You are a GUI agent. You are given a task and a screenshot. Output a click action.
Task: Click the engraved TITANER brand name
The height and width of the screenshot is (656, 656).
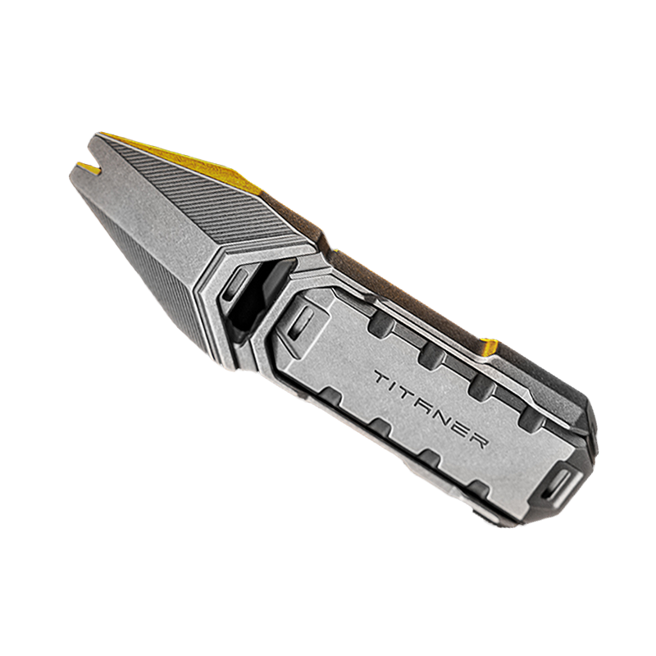tap(430, 409)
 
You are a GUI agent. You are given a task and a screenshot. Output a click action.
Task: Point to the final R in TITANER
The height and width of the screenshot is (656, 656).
tap(478, 440)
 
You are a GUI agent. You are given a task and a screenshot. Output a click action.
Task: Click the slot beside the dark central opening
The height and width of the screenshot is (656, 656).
tap(235, 285)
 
